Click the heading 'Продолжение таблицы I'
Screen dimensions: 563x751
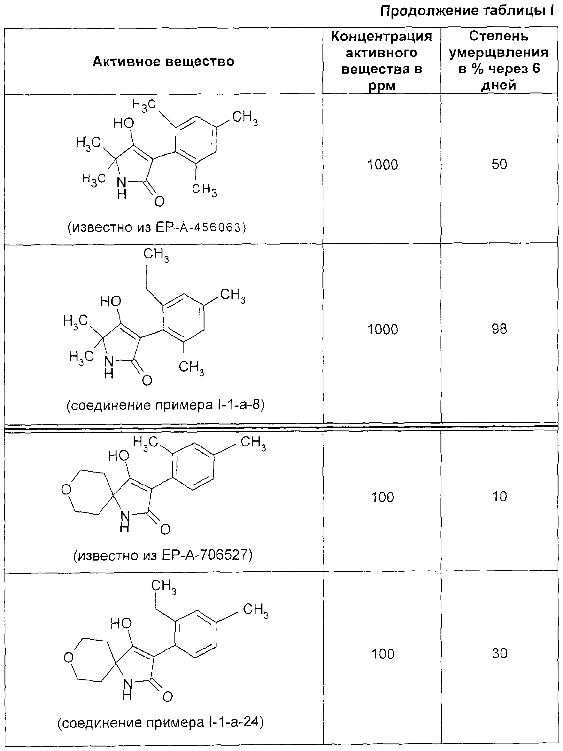(467, 11)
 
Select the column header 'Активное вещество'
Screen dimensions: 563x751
(164, 62)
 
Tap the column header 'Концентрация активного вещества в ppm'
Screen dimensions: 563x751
(382, 61)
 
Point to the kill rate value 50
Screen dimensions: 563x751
(499, 164)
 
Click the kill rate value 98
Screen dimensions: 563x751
(499, 329)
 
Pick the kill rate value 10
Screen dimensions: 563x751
(500, 497)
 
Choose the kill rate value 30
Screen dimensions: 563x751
(500, 654)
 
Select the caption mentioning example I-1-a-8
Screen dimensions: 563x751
(165, 405)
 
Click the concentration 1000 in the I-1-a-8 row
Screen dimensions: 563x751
(383, 329)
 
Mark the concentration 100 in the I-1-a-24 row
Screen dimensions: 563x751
(383, 654)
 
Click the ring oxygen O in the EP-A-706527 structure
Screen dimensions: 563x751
(67, 490)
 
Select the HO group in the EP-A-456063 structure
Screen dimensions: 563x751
(123, 123)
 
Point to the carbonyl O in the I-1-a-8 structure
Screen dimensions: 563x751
(147, 381)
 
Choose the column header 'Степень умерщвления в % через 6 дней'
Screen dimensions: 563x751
(499, 61)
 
